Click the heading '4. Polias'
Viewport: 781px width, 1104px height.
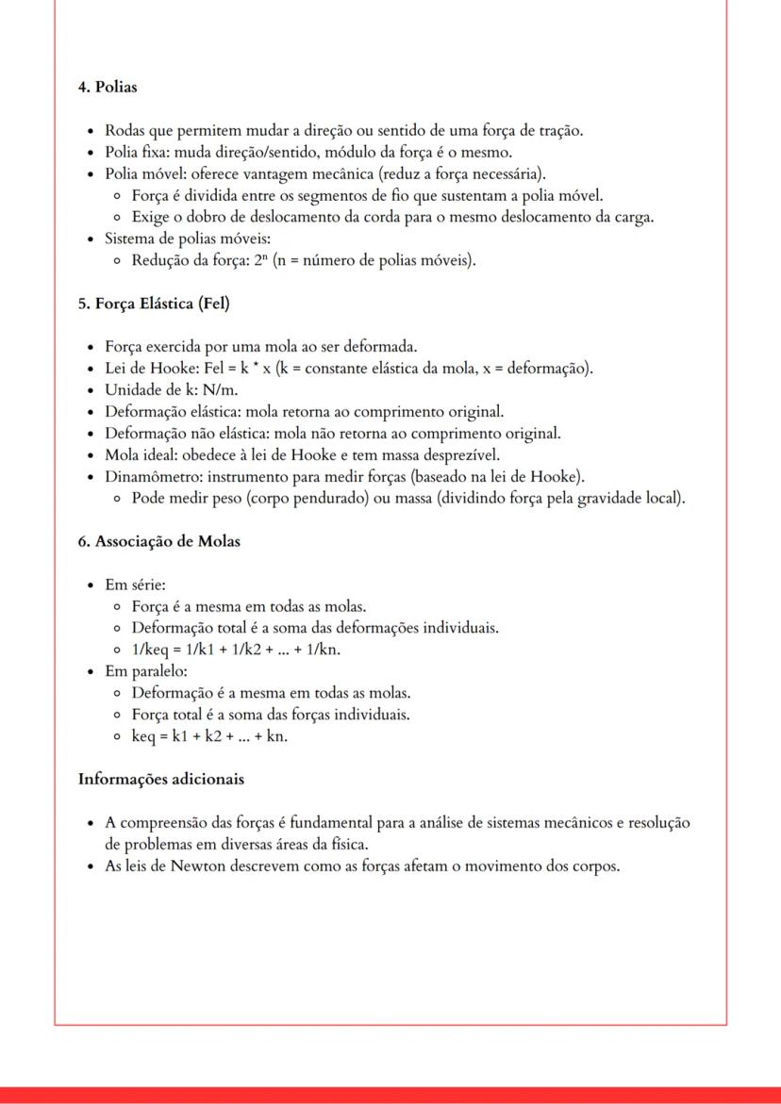pyautogui.click(x=108, y=88)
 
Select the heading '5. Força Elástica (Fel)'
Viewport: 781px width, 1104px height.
pyautogui.click(x=155, y=304)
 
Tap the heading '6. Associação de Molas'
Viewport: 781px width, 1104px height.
pyautogui.click(x=158, y=541)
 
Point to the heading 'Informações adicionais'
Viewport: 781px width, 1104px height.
pyautogui.click(x=161, y=779)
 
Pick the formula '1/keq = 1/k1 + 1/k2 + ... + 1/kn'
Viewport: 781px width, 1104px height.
pyautogui.click(x=235, y=649)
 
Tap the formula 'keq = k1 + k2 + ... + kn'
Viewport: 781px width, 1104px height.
pyautogui.click(x=209, y=735)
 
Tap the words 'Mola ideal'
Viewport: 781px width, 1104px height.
pyautogui.click(x=140, y=454)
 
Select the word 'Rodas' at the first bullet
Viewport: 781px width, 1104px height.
pyautogui.click(x=125, y=130)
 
